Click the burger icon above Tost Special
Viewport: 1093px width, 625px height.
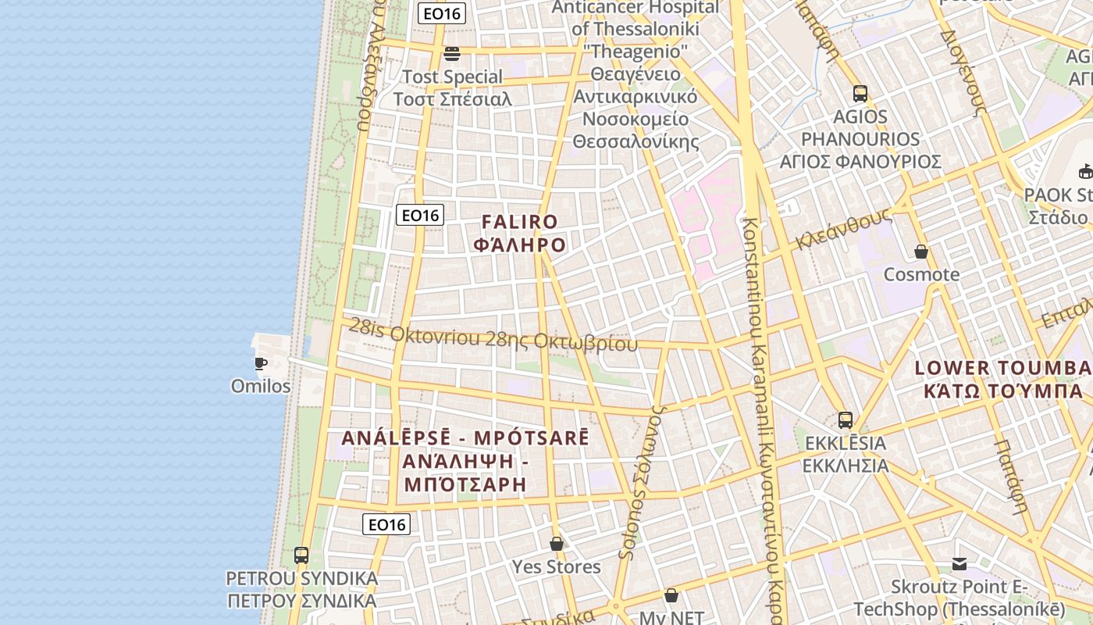(x=451, y=54)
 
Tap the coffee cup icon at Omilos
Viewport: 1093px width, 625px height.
(x=261, y=363)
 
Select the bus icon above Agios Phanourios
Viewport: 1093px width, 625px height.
(x=860, y=94)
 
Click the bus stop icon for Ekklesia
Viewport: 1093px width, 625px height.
(x=845, y=420)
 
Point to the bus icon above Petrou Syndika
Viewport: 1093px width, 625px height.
(x=301, y=555)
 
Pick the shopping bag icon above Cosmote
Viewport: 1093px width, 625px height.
(x=921, y=252)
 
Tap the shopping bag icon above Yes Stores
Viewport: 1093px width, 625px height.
(x=557, y=543)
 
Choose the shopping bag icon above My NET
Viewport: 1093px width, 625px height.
(x=671, y=595)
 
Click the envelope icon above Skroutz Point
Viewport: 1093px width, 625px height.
(x=959, y=564)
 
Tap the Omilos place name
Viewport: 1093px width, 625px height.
(x=261, y=386)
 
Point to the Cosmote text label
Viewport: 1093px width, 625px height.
(x=921, y=274)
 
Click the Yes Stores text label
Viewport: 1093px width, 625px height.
(x=557, y=566)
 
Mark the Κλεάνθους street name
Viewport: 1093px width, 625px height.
(x=843, y=229)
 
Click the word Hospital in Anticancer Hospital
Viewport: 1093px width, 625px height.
(x=675, y=8)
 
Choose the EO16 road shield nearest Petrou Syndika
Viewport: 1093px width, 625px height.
(x=386, y=524)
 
